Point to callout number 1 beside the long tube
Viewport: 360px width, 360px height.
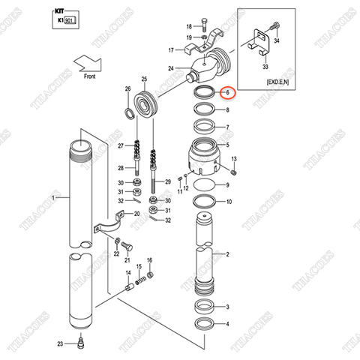(x=53, y=198)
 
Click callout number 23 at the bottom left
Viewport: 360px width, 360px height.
(x=59, y=343)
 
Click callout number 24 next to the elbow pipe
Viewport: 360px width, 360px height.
(x=171, y=69)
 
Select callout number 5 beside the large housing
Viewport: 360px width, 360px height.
(x=227, y=144)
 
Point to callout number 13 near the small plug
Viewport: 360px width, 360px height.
(x=234, y=159)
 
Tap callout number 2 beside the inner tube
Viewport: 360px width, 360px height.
(x=227, y=255)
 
